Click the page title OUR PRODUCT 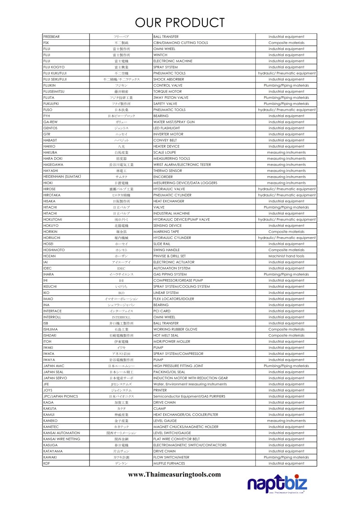coord(180,22)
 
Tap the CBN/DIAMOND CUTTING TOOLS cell coord(181,43)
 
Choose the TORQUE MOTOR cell coord(168,92)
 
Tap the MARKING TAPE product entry coord(167,232)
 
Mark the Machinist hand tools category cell coord(286,256)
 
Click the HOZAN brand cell coord(49,256)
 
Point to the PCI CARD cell coord(162,311)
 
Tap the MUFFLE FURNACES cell coord(169,463)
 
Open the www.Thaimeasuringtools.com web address coord(174,475)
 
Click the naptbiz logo coord(277,485)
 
